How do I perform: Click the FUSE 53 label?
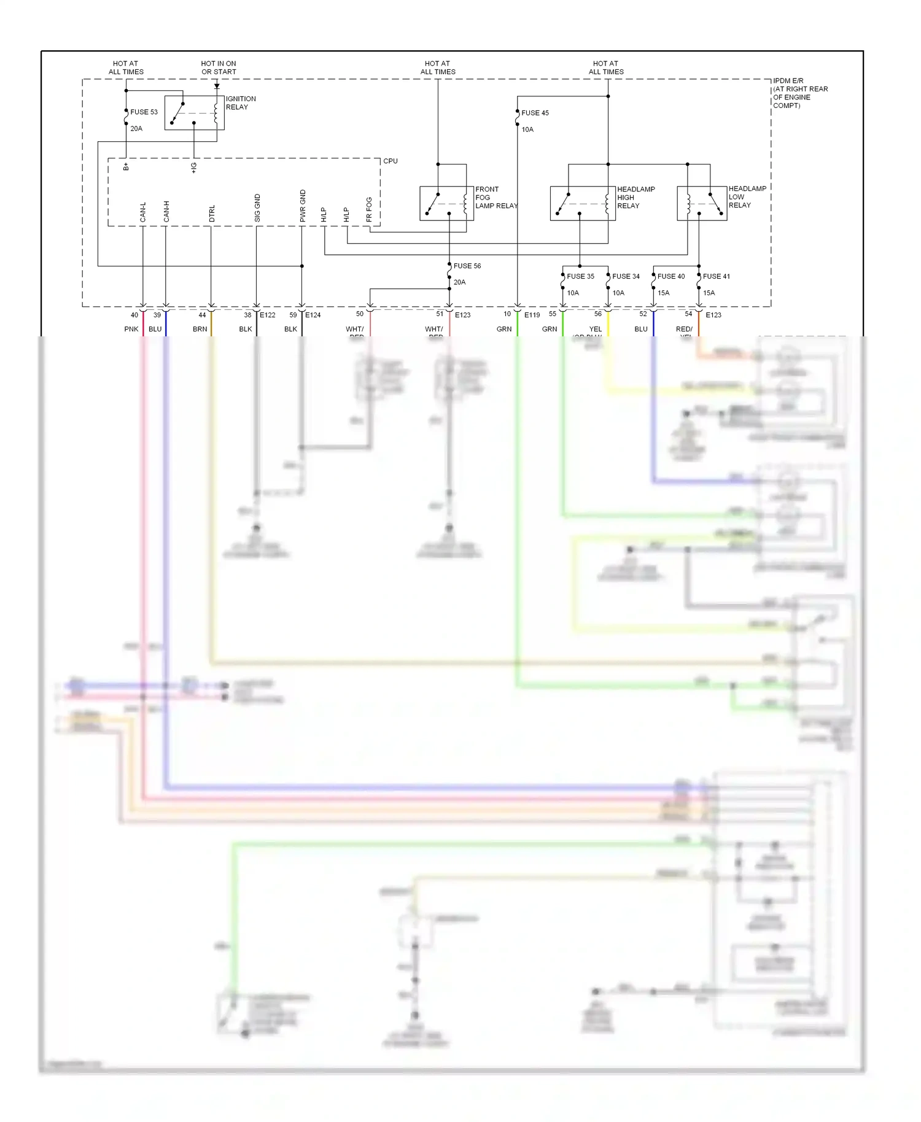(144, 112)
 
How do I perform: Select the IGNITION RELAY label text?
(240, 103)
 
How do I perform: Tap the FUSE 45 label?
(535, 113)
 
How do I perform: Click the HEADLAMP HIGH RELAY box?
(582, 203)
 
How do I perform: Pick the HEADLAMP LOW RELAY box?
(701, 203)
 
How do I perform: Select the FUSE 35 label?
(580, 276)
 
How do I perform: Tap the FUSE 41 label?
(716, 276)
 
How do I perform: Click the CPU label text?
(391, 161)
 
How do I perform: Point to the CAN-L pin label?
(143, 212)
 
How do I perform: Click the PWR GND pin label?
(303, 206)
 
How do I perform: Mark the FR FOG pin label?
(369, 209)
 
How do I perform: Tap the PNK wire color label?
(131, 330)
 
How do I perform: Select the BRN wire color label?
(200, 330)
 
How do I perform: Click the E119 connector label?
(532, 315)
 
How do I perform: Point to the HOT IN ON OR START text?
(218, 68)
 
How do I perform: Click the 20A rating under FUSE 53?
(136, 129)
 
